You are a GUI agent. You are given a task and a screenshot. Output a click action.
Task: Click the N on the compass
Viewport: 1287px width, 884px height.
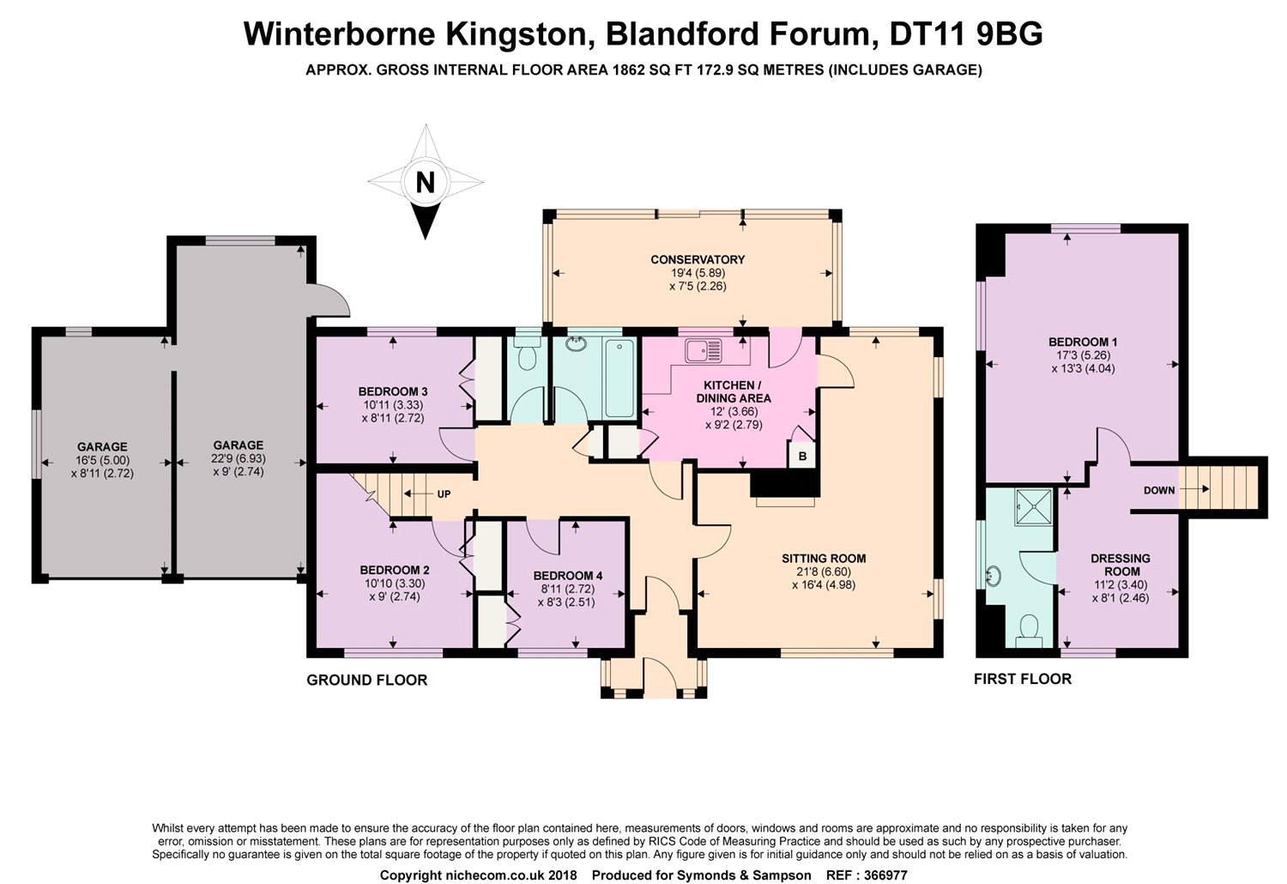[x=423, y=182]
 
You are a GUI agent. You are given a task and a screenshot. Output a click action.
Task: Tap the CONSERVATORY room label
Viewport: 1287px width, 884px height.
[x=697, y=259]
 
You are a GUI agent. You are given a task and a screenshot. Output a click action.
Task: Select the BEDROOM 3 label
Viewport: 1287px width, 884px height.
[x=393, y=391]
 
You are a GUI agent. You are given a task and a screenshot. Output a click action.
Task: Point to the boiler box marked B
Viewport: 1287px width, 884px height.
[x=802, y=456]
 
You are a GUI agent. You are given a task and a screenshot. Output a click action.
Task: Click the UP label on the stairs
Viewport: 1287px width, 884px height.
[x=444, y=494]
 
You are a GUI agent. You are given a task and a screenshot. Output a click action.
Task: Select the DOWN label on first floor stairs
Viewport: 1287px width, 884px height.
[x=1158, y=490]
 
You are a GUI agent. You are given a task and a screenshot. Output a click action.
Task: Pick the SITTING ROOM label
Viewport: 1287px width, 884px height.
[x=824, y=558]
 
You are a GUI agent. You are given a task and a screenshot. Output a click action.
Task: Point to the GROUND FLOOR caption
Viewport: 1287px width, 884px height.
[x=367, y=680]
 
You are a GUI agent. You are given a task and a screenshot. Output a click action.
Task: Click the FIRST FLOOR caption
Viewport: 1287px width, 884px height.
[x=1023, y=679]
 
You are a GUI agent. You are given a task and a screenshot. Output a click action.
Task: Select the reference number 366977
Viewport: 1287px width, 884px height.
[x=883, y=875]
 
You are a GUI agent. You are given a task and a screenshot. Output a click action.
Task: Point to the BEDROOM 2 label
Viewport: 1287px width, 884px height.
[x=395, y=570]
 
